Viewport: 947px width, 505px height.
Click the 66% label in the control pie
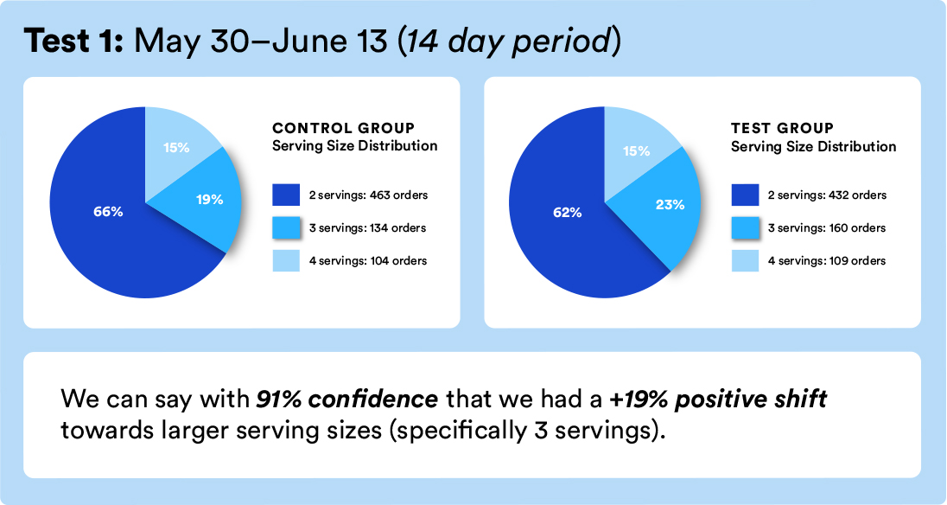(109, 212)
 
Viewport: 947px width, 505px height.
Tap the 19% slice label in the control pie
(210, 200)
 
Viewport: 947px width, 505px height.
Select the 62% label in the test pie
(567, 211)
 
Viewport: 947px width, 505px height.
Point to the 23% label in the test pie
(670, 205)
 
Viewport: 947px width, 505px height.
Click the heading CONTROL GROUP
(343, 128)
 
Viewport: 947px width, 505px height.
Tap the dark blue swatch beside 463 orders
(286, 195)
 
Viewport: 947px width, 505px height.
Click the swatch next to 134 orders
(286, 228)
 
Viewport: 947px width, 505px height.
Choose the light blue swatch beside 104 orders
(286, 260)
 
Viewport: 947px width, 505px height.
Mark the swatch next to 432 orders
(745, 195)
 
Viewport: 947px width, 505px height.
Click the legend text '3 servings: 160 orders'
(826, 228)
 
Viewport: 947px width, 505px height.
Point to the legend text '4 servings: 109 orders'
(826, 260)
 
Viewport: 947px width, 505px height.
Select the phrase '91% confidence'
(346, 400)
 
